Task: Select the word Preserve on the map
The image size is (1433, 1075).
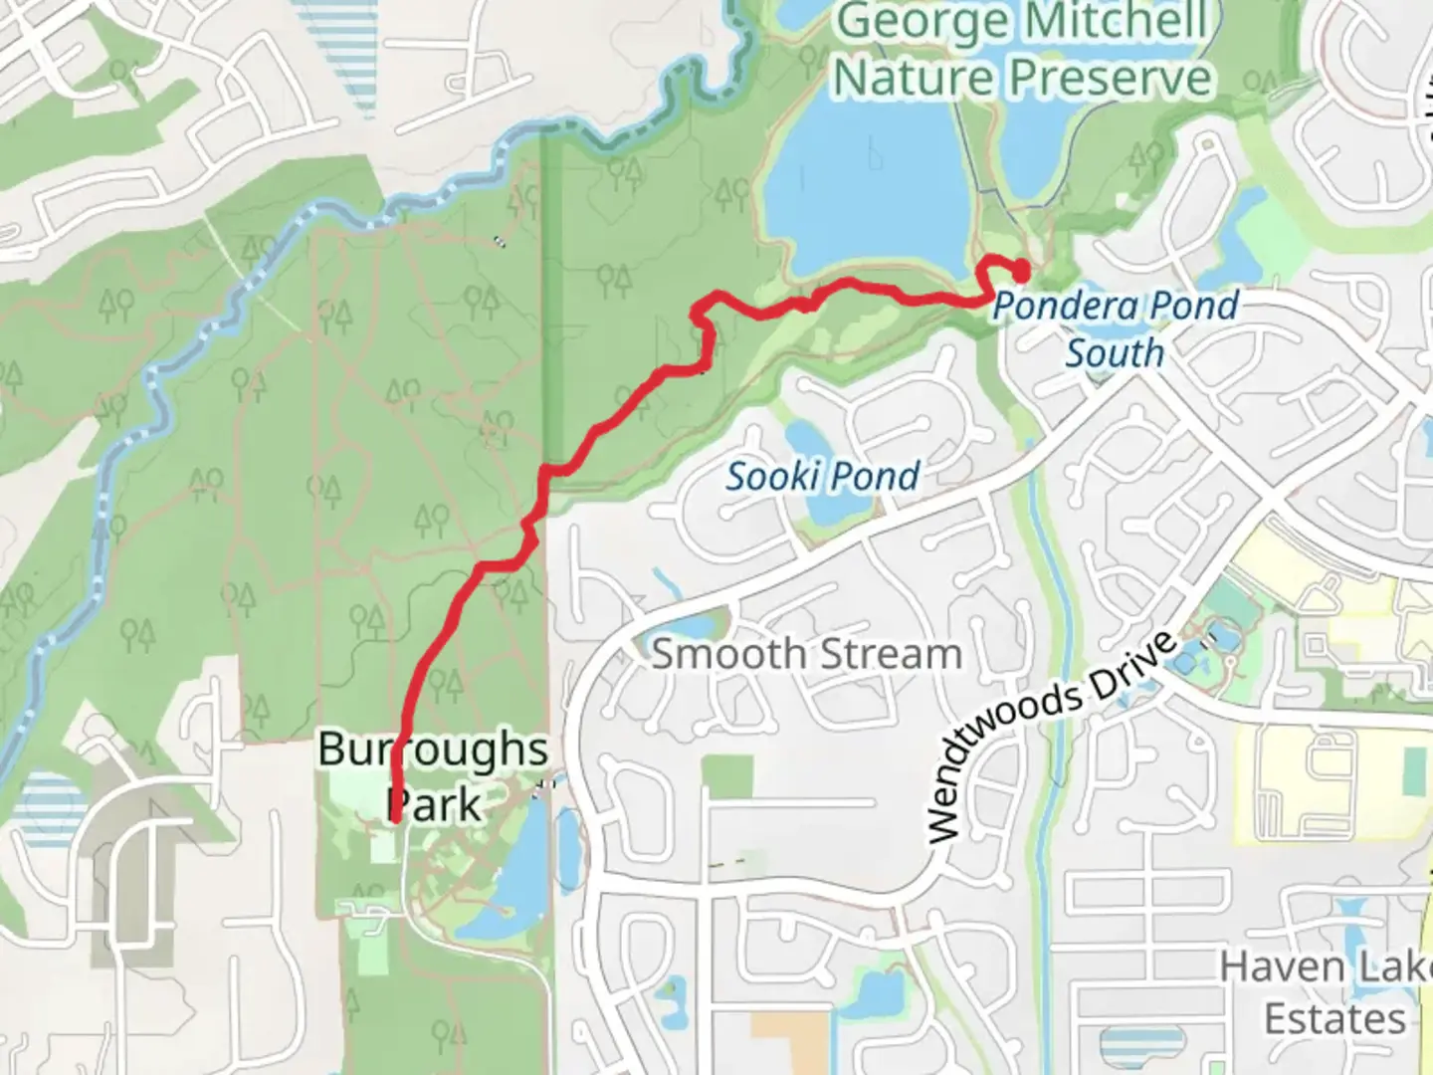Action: pos(1111,78)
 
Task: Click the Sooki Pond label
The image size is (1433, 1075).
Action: pos(822,477)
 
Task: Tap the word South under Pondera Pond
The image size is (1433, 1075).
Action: pos(1115,352)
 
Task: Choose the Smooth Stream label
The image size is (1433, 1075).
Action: pos(806,655)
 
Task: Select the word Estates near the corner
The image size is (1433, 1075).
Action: pos(1334,1019)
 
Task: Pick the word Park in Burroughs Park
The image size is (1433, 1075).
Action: pos(435,804)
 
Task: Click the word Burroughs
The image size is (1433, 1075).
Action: pos(433,750)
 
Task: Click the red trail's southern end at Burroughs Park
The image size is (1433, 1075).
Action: pos(396,819)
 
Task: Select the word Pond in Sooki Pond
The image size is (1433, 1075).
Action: pos(876,477)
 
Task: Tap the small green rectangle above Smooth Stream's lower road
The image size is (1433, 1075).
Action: pos(726,776)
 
